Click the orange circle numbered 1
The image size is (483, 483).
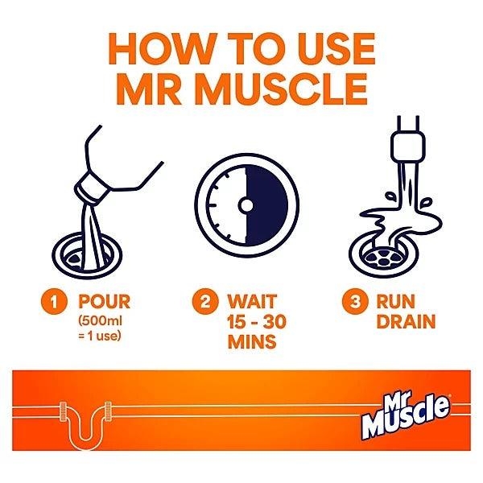pos(55,304)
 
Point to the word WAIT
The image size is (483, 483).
pos(251,303)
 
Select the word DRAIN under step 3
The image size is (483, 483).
pos(407,323)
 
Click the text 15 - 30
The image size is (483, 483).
pos(256,323)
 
